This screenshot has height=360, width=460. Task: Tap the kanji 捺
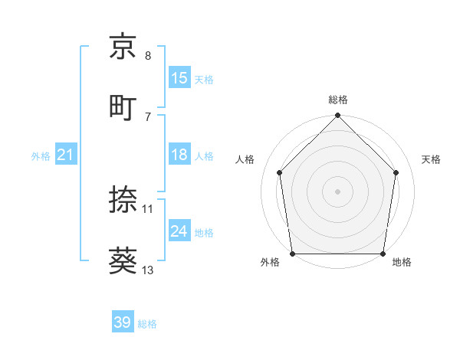coord(123,200)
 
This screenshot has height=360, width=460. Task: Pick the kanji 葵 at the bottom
coord(123,260)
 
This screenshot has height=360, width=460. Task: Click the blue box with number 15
coord(179,78)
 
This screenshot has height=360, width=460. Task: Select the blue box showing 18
coord(179,155)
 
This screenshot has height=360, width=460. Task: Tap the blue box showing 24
coord(179,231)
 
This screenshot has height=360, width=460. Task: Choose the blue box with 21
coord(66,155)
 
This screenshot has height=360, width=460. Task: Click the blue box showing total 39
coord(123,322)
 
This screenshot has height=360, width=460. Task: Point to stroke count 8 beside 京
coord(148,56)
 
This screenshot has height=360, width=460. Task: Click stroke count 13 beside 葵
coord(149,270)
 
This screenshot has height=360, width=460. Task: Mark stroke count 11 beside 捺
coord(148,208)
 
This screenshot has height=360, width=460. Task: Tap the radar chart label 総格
coord(338,100)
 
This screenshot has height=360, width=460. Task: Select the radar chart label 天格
coord(432,159)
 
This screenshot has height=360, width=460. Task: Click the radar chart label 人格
coord(245,159)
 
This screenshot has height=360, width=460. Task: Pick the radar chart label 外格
coord(270,263)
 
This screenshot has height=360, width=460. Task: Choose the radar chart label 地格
coord(402,263)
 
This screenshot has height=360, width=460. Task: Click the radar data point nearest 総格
coord(338,116)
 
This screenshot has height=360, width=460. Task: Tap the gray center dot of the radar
coord(338,191)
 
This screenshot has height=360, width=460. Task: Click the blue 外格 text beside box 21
coord(41,156)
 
